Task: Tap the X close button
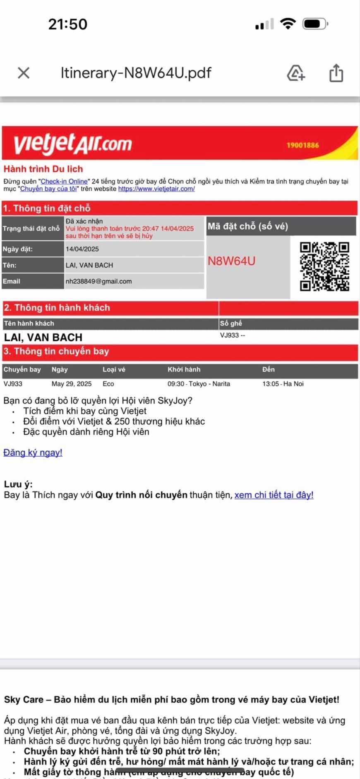tap(24, 73)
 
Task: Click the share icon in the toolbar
tap(336, 73)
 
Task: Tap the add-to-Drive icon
tap(296, 73)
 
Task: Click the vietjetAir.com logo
tap(73, 143)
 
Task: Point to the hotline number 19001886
tap(302, 145)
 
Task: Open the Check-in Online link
tap(64, 181)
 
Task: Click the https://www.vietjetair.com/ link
tap(156, 189)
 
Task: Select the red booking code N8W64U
tap(231, 261)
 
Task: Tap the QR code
tap(324, 266)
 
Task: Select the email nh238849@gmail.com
tap(98, 281)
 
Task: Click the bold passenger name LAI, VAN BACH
tap(43, 338)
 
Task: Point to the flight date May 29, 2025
tap(72, 384)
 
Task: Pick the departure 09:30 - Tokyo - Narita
tap(199, 384)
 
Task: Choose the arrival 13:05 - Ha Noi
tap(283, 384)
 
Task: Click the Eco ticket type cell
tap(108, 384)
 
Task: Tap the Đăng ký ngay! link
tap(33, 453)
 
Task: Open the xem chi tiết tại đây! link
tap(274, 495)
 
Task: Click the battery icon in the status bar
tap(315, 24)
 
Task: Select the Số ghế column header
tap(231, 324)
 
